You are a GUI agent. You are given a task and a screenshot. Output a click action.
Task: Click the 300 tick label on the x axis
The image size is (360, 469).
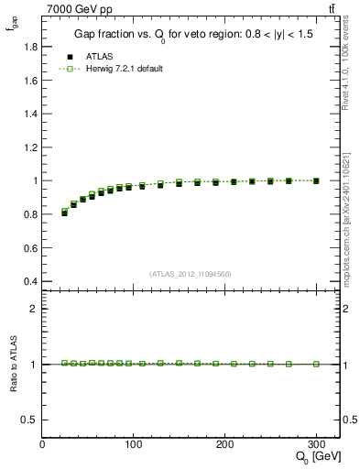click(316, 444)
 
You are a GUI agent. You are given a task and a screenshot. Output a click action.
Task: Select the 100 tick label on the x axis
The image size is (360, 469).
click(134, 444)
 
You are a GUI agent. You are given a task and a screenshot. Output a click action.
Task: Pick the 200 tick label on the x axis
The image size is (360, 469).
click(225, 444)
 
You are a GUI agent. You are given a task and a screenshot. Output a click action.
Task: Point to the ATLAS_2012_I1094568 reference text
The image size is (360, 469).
click(191, 272)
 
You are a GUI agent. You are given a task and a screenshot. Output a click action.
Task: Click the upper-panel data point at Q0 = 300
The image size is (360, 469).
click(316, 180)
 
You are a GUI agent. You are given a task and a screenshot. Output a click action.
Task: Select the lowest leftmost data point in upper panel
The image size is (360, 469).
click(64, 212)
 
